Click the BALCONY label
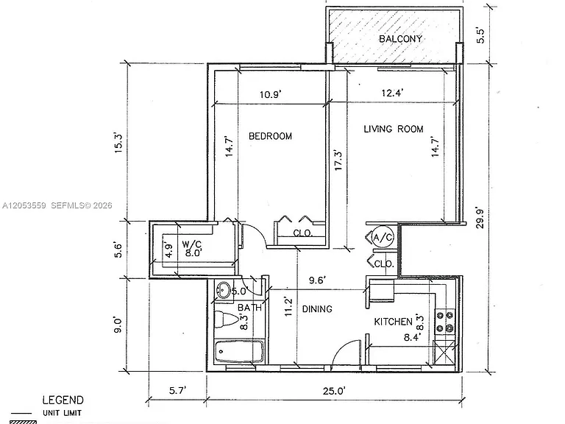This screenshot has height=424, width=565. pyautogui.click(x=400, y=38)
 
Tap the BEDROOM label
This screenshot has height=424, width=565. pyautogui.click(x=270, y=136)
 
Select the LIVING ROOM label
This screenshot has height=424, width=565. pyautogui.click(x=393, y=129)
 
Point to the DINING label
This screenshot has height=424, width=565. pyautogui.click(x=317, y=309)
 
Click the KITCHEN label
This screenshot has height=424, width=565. pyautogui.click(x=393, y=321)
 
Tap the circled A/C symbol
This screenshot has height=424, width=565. pyautogui.click(x=383, y=237)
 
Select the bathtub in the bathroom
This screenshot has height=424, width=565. pyautogui.click(x=239, y=351)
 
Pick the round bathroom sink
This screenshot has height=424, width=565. pyautogui.click(x=224, y=290)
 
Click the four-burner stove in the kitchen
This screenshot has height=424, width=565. pyautogui.click(x=445, y=322)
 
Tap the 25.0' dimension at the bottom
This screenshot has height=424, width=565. pyautogui.click(x=334, y=391)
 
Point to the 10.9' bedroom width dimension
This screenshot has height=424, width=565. pyautogui.click(x=270, y=94)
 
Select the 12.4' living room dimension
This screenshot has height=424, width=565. pyautogui.click(x=392, y=93)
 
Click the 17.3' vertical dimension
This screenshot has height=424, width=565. pyautogui.click(x=338, y=160)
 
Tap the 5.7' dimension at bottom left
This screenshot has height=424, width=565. pyautogui.click(x=177, y=390)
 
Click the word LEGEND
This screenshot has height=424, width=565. pyautogui.click(x=63, y=400)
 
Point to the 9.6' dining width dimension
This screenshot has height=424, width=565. pyautogui.click(x=318, y=280)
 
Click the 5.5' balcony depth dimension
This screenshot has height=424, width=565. pyautogui.click(x=481, y=35)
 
